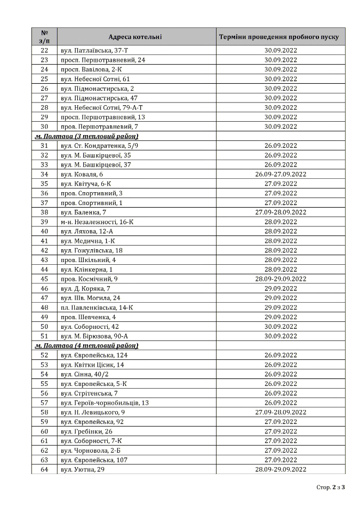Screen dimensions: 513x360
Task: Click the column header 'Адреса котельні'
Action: (135, 37)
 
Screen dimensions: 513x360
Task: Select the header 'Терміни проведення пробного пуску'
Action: (280, 37)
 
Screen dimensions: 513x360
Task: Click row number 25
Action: (44, 79)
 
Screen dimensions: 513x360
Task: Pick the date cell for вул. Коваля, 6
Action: (281, 174)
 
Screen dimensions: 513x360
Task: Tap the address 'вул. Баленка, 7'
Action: (83, 212)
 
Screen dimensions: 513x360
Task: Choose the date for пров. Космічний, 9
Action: (281, 279)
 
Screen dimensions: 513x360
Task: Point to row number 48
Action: (44, 307)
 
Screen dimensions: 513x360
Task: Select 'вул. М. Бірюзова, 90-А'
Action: (94, 336)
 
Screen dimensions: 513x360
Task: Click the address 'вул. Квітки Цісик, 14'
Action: (92, 365)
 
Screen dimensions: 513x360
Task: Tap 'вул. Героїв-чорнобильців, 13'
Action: (105, 402)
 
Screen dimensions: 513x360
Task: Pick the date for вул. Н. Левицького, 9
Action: (281, 412)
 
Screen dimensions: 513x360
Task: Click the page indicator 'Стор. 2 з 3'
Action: (331, 487)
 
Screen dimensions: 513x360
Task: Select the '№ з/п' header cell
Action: (44, 37)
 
